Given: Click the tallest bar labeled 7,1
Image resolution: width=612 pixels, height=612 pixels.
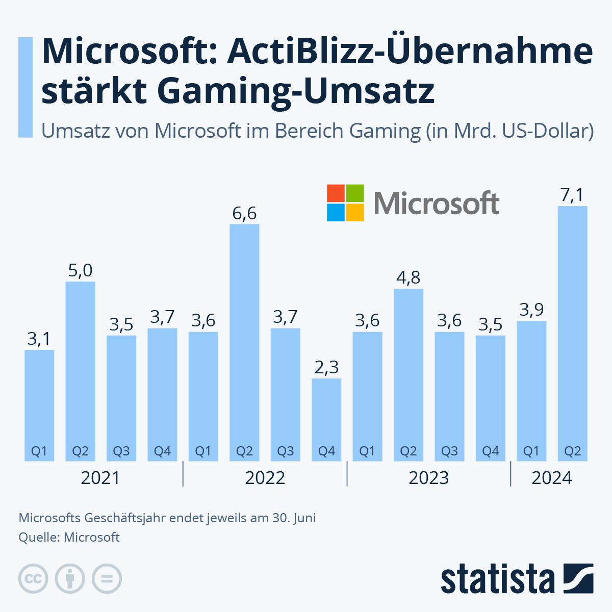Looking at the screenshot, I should [572, 331].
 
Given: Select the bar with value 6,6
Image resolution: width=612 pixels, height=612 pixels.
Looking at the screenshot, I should [244, 342].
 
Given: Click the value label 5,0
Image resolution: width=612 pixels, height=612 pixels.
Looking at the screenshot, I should [80, 270].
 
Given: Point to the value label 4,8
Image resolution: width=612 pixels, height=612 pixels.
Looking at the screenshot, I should [408, 277].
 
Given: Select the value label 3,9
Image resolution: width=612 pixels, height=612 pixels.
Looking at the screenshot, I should [531, 310].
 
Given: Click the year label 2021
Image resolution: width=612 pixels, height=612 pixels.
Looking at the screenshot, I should [100, 478].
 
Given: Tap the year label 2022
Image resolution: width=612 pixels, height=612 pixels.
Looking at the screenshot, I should [265, 478].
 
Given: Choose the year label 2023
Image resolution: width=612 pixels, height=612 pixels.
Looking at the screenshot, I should [429, 478].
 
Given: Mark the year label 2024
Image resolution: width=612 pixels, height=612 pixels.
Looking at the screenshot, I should [552, 478].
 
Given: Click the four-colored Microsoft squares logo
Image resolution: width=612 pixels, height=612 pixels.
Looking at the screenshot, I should [345, 202].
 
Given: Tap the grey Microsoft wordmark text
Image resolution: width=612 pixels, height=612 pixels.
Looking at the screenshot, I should [437, 203].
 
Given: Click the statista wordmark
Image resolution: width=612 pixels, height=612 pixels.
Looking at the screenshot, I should [497, 579].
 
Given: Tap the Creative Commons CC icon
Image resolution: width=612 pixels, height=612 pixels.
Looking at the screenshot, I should [33, 579].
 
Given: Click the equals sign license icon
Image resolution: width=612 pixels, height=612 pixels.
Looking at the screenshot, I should [107, 579].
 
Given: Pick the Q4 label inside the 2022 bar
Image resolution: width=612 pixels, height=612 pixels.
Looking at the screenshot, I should [326, 451].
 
